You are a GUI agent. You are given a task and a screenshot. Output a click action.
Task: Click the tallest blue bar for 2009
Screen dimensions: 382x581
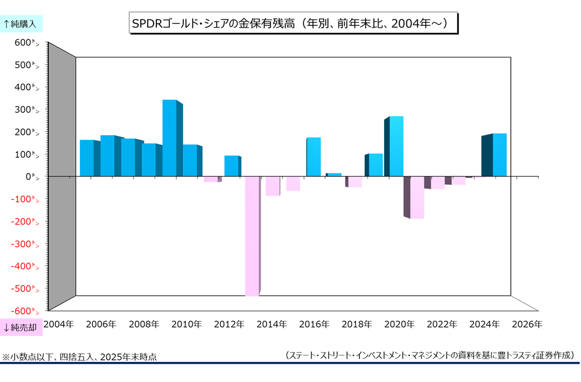click(x=169, y=138)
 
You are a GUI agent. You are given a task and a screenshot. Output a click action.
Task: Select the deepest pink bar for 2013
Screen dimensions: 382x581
click(x=252, y=236)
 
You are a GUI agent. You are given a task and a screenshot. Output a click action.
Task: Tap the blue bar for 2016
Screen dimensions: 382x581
click(x=314, y=157)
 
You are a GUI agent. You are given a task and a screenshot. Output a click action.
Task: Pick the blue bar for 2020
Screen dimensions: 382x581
click(x=397, y=146)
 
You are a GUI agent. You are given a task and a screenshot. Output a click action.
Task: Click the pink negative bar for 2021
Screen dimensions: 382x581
click(x=417, y=197)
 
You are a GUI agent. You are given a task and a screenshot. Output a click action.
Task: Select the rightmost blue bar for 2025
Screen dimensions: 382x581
click(x=499, y=155)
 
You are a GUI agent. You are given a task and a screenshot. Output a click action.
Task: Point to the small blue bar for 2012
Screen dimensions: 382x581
click(x=232, y=166)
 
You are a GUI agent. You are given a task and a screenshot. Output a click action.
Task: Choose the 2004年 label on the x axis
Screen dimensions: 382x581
click(x=58, y=325)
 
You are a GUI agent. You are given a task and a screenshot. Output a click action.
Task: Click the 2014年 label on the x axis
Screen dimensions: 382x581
click(x=272, y=325)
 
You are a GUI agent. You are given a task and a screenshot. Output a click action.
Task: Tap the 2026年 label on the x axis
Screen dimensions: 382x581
click(x=527, y=325)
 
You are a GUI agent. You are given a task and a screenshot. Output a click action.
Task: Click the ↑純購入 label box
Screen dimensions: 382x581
click(x=22, y=23)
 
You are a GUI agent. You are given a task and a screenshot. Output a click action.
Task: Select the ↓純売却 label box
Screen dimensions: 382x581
click(x=22, y=327)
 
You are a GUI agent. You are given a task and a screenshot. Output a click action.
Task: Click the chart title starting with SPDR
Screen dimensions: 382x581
click(x=293, y=24)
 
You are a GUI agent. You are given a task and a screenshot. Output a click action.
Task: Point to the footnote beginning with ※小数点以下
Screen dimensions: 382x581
click(x=80, y=358)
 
